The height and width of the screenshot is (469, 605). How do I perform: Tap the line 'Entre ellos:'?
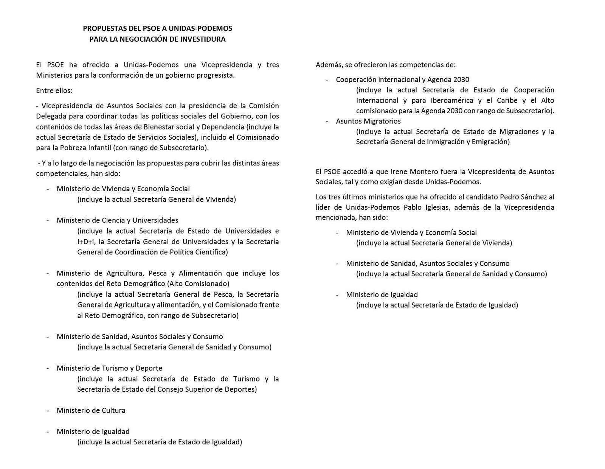tap(54, 90)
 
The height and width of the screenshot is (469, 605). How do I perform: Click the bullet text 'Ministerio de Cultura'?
tap(91, 410)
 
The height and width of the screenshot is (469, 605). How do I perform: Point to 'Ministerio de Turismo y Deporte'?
tap(109, 368)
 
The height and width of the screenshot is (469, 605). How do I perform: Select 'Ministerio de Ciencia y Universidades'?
tap(117, 220)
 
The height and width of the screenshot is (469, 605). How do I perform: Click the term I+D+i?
tap(86, 242)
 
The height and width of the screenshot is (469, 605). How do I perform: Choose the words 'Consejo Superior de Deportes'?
tap(206, 389)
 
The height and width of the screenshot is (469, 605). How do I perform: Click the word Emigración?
tap(490, 142)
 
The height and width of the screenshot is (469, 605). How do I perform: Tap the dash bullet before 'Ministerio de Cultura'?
tap(48, 410)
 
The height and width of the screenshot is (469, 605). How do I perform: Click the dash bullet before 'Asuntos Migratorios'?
tap(327, 121)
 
